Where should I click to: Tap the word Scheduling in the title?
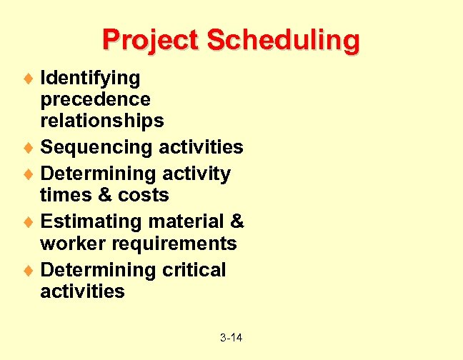tap(283, 41)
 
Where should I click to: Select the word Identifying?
tap(90, 77)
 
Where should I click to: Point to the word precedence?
tap(95, 99)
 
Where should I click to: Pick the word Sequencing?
tap(97, 148)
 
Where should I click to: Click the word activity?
tap(196, 174)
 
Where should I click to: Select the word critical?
tap(193, 270)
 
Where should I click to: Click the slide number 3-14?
tap(231, 336)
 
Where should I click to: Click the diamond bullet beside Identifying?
tap(31, 77)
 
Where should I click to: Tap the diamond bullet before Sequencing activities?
tap(31, 148)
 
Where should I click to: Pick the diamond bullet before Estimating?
tap(31, 221)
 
